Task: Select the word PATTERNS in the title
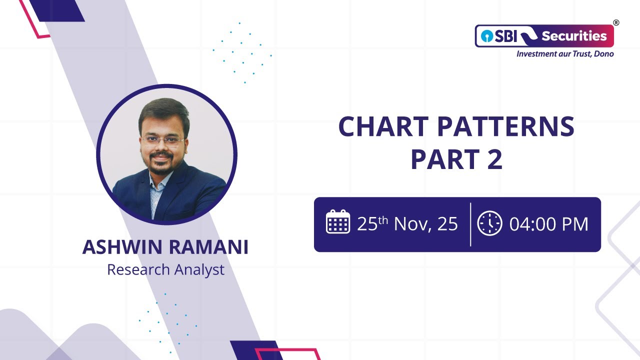[x=505, y=127]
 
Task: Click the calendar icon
[x=338, y=223]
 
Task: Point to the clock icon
[x=489, y=223]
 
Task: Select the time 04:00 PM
[x=548, y=224]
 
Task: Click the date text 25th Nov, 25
[x=407, y=224]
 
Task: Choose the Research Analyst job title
[x=165, y=270]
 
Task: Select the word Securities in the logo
[x=574, y=36]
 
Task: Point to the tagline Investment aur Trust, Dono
[x=565, y=53]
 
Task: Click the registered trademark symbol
[x=616, y=22]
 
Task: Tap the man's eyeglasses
[x=162, y=140]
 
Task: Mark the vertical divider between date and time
[x=470, y=224]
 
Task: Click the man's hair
[x=162, y=109]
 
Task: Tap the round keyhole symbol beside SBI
[x=484, y=36]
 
